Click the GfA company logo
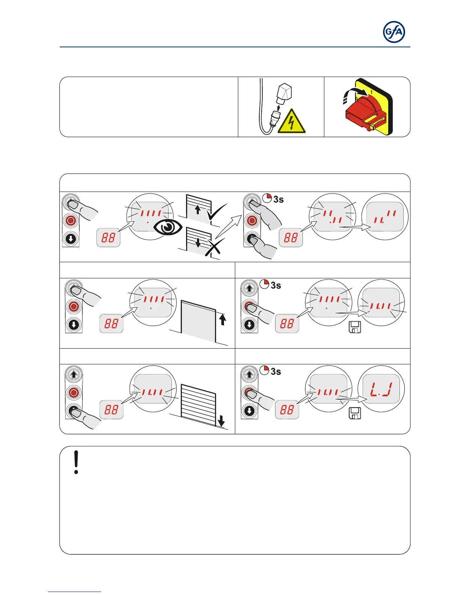click(x=394, y=32)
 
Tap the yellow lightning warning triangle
click(x=291, y=122)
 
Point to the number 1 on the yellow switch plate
click(x=372, y=92)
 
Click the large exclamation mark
click(x=76, y=462)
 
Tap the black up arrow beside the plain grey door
click(x=222, y=320)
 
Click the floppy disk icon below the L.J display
click(x=355, y=413)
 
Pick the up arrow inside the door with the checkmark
click(x=198, y=209)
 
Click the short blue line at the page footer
click(x=74, y=592)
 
